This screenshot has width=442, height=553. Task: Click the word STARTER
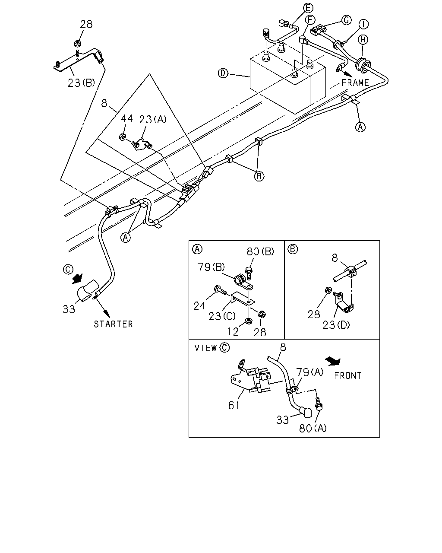coord(113,324)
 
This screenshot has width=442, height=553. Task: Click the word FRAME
coord(355,83)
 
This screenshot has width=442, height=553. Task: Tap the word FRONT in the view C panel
coord(348,376)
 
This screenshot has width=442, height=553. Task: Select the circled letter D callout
coord(223,73)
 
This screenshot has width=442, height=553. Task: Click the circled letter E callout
coord(308,8)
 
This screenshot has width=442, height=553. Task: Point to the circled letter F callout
coord(310,20)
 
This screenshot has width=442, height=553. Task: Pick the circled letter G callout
coord(347,20)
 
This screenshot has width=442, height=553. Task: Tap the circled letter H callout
coord(363,39)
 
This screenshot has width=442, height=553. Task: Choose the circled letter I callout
coord(363,24)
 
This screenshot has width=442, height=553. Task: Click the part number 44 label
coord(127,119)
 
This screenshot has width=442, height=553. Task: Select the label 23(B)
coord(81,83)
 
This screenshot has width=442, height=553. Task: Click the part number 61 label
coord(234,406)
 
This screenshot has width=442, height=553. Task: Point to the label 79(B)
coord(211,267)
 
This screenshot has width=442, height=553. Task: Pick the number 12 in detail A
coord(233,332)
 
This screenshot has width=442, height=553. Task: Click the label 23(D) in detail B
coord(336,325)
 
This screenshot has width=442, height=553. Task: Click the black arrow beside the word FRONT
coord(333,361)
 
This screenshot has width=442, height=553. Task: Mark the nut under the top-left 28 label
coord(76,44)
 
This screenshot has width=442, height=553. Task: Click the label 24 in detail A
coord(199,306)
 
